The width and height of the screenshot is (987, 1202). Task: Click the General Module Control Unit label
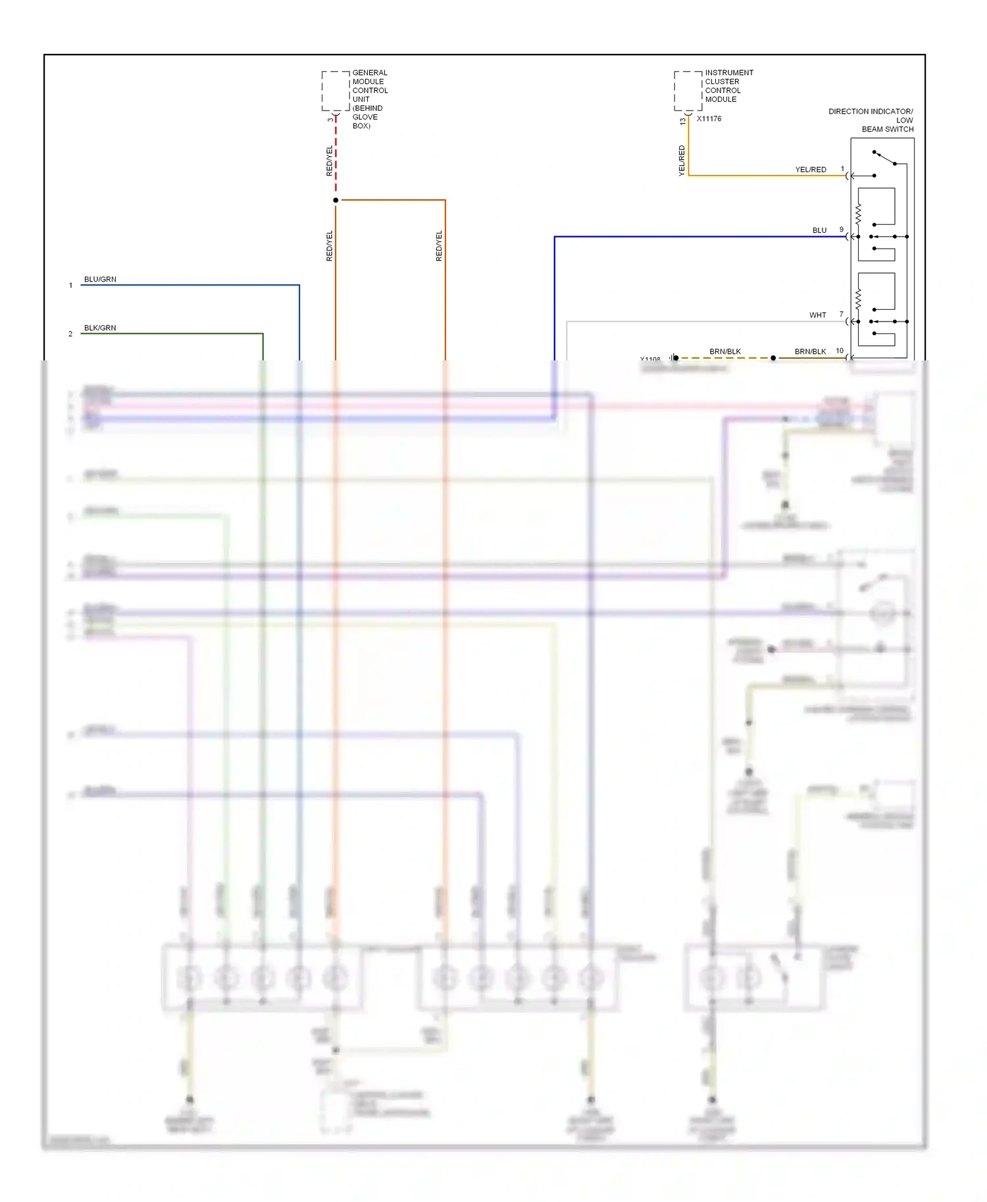(x=369, y=99)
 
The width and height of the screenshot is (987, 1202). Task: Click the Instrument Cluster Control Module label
(x=728, y=85)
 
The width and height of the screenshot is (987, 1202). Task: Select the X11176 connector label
(x=709, y=119)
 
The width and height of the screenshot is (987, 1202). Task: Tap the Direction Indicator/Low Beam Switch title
(x=871, y=120)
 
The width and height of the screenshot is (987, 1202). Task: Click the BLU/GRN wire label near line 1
(x=100, y=279)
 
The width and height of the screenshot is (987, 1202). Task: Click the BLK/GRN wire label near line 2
(x=100, y=328)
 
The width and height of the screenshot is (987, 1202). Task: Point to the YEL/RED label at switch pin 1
(x=810, y=170)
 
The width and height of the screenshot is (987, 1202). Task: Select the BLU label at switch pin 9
(x=819, y=231)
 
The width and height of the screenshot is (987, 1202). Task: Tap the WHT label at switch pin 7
(x=817, y=316)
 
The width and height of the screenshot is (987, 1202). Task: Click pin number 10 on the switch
(x=840, y=351)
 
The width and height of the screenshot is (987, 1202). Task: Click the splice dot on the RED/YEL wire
(x=336, y=200)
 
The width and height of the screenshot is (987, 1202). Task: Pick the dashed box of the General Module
(x=336, y=91)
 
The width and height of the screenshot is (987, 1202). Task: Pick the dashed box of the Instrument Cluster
(x=688, y=91)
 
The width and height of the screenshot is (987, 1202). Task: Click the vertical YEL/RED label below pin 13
(x=682, y=160)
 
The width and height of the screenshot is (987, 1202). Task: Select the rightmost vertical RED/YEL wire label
(x=439, y=246)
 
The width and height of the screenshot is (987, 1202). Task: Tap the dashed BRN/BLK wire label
(x=724, y=352)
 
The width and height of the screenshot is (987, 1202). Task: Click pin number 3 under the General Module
(x=330, y=120)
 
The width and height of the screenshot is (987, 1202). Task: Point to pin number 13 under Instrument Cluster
(x=682, y=121)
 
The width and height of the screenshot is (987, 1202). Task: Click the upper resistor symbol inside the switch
(x=858, y=213)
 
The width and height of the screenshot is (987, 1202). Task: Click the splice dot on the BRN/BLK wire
(x=773, y=358)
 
